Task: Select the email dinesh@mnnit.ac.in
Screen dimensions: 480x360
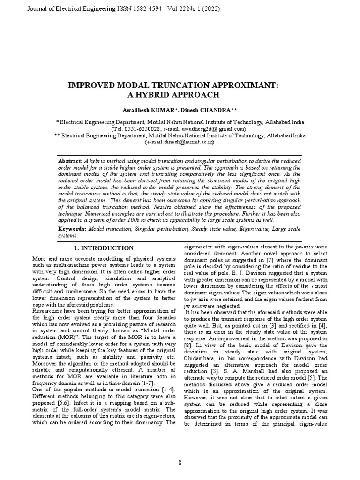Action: click(184, 142)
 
